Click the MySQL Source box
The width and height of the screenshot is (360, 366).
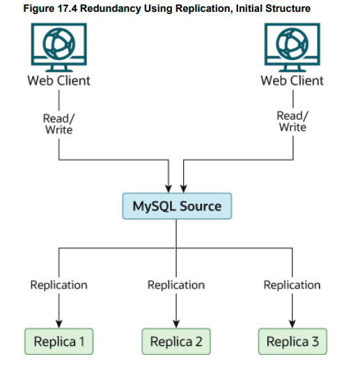pyautogui.click(x=177, y=206)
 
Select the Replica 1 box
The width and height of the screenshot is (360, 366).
pyautogui.click(x=59, y=342)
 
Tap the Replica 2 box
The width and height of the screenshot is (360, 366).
pyautogui.click(x=176, y=342)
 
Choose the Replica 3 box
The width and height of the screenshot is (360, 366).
pyautogui.click(x=292, y=342)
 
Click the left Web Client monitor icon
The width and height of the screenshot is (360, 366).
pyautogui.click(x=59, y=46)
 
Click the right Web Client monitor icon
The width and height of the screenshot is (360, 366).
pyautogui.click(x=292, y=46)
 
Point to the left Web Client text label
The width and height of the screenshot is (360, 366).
pyautogui.click(x=59, y=81)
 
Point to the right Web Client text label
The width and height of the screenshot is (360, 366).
pyautogui.click(x=292, y=81)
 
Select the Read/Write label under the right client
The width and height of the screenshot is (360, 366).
pyautogui.click(x=292, y=121)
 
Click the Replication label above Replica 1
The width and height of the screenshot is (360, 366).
pyautogui.click(x=59, y=285)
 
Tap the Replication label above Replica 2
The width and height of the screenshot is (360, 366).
pyautogui.click(x=176, y=285)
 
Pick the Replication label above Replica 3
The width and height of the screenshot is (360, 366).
pyautogui.click(x=292, y=285)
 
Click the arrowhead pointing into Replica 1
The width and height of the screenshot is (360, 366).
pyautogui.click(x=59, y=322)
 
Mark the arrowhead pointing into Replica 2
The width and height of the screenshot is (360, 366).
pyautogui.click(x=176, y=322)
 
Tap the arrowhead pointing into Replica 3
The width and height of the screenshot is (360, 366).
pyautogui.click(x=292, y=322)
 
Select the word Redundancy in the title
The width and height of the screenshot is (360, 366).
pyautogui.click(x=109, y=8)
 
